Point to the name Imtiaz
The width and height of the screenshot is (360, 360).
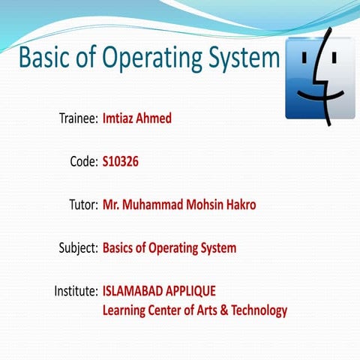coord(121,118)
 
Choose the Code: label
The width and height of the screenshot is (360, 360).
coord(82,161)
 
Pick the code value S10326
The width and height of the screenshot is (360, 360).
coord(121,161)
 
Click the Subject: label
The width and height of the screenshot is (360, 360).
coord(77,247)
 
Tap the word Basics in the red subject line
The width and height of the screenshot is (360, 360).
coord(120,247)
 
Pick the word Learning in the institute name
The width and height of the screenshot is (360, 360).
coord(124,309)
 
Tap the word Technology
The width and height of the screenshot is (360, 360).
coord(258,309)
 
